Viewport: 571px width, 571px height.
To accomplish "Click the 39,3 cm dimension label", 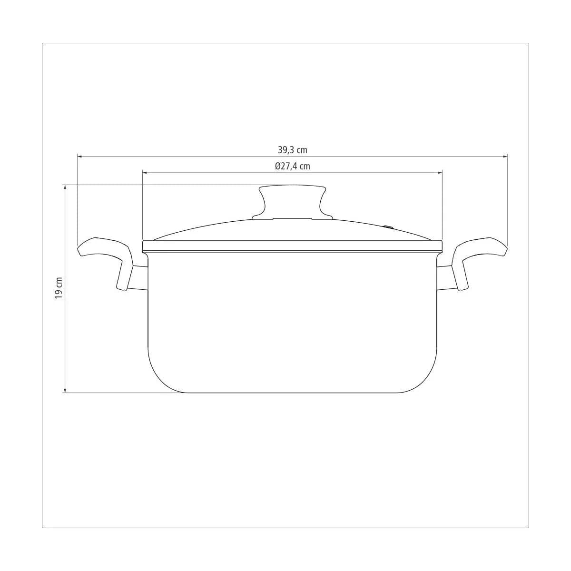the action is [293, 150].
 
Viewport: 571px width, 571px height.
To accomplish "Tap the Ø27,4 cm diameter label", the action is [293, 166].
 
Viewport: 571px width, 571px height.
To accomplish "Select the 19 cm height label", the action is [59, 288].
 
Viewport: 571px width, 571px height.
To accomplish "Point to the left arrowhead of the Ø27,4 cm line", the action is [145, 172].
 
